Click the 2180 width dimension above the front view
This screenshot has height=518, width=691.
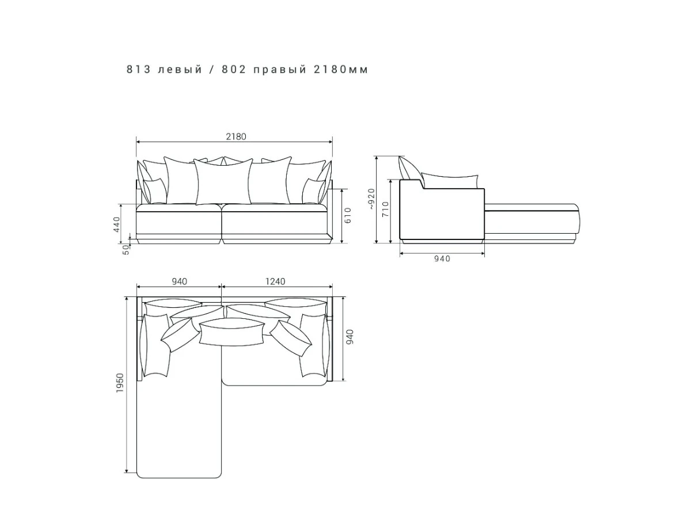coord(236,137)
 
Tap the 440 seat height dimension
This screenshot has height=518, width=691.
coord(116,224)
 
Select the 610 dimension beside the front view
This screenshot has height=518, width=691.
coord(348,215)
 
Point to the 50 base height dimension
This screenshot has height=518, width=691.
coord(126,249)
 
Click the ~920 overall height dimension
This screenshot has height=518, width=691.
coord(372,199)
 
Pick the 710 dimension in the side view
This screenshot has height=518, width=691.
coord(385,209)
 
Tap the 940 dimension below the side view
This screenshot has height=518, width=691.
coord(442,258)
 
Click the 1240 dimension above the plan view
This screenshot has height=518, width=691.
coord(275,281)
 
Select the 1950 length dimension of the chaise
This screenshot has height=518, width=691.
coord(120,383)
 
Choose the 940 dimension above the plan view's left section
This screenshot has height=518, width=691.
coord(179,281)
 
